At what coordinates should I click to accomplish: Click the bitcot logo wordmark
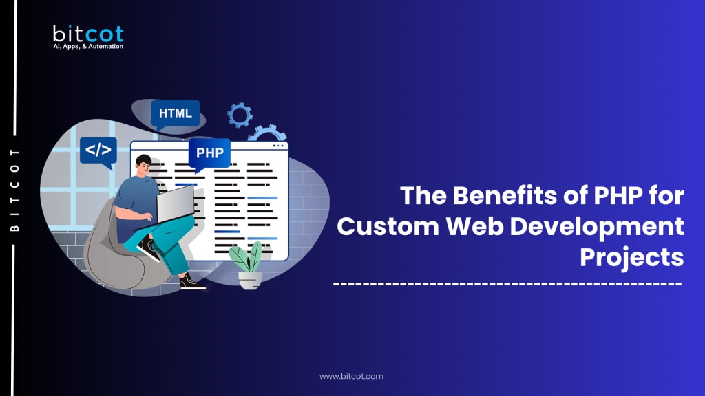87,34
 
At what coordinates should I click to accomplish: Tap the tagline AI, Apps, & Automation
88,47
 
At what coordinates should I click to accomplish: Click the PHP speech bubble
209,152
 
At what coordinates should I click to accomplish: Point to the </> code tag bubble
98,149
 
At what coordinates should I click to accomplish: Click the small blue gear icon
240,114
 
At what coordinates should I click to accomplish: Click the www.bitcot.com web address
352,376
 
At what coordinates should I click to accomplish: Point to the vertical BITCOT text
15,188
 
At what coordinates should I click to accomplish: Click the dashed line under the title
507,284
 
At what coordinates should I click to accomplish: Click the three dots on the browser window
278,146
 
